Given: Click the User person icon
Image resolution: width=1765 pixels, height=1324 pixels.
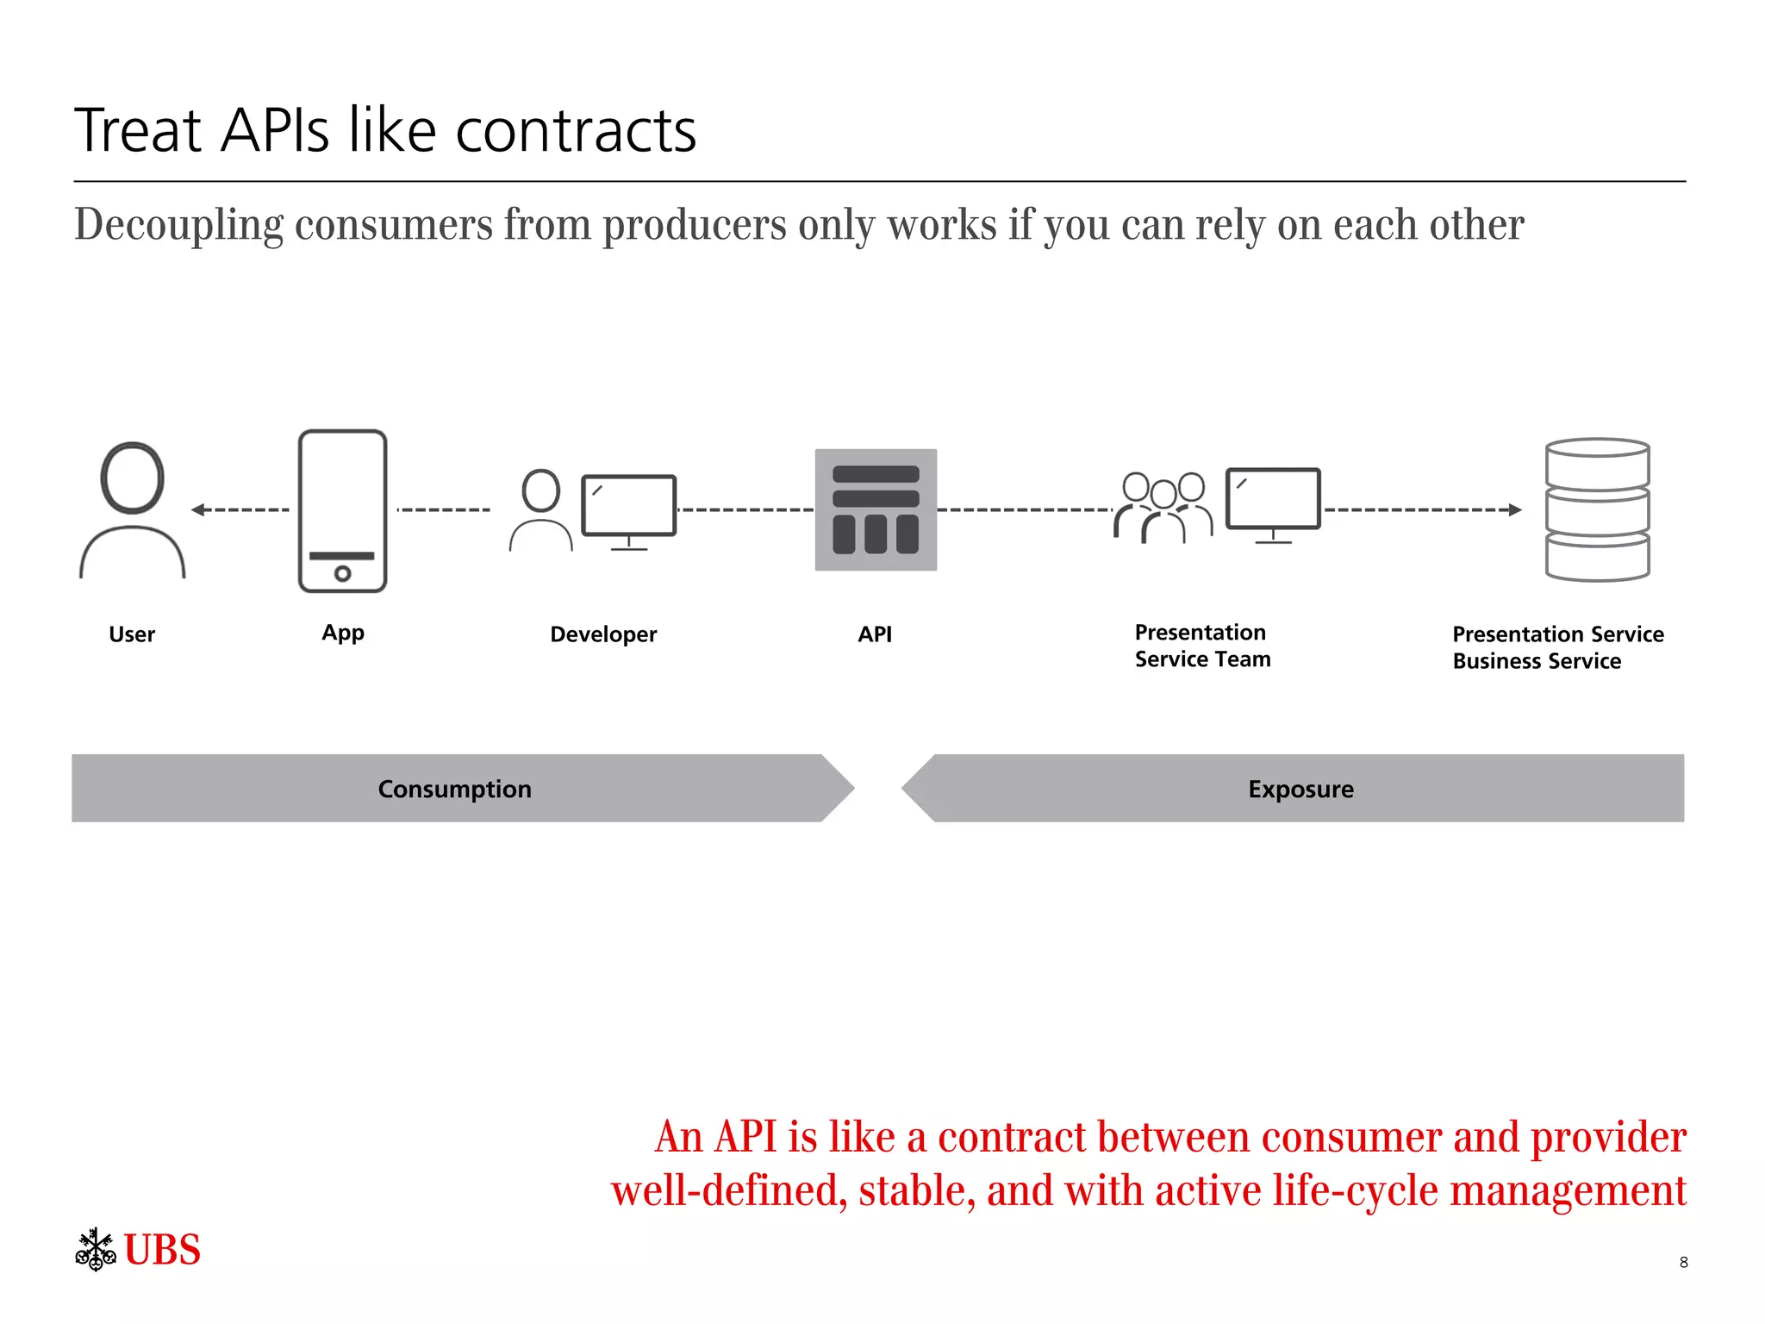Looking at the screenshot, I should click(x=132, y=510).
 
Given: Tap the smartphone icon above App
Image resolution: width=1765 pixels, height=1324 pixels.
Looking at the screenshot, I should click(x=342, y=510).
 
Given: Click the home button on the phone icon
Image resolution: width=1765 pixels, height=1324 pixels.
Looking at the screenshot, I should click(x=342, y=573).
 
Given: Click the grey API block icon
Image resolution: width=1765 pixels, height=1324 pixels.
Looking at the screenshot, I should click(x=876, y=509).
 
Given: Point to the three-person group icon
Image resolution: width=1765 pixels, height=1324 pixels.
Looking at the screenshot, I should click(x=1163, y=509).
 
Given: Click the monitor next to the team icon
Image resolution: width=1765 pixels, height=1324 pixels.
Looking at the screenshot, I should click(x=1273, y=500).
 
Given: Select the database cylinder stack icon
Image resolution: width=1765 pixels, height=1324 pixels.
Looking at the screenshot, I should click(x=1597, y=509).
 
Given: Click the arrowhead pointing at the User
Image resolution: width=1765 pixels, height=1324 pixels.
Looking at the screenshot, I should click(x=197, y=509).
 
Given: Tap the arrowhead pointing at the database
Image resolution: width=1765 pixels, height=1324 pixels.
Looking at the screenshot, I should click(x=1515, y=509).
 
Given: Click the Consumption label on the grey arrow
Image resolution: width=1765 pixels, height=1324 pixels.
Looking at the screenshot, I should click(x=454, y=790).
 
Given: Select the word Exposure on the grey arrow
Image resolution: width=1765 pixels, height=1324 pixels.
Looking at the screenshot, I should click(x=1300, y=790).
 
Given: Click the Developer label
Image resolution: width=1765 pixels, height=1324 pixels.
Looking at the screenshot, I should click(x=603, y=634).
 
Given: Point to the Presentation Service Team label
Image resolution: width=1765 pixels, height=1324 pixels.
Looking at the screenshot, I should click(x=1201, y=646).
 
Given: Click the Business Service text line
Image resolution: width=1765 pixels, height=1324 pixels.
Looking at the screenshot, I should click(x=1536, y=661).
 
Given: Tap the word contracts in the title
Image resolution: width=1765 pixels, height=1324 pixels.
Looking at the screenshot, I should click(x=575, y=131).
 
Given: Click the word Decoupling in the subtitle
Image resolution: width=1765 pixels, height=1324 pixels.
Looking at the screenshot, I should click(x=178, y=225).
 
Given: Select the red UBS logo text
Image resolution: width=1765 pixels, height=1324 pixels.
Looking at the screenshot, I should click(x=162, y=1250).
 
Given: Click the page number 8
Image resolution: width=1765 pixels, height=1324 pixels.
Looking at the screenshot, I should click(x=1683, y=1263).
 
